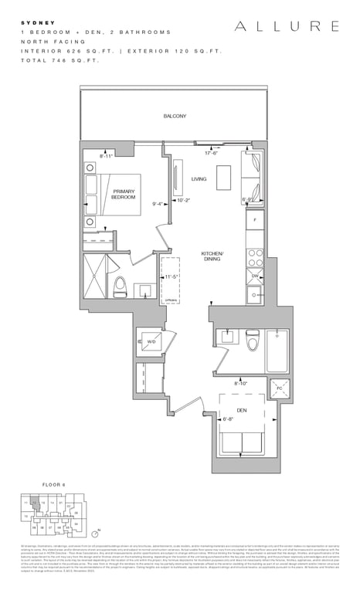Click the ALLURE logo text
tap(287, 27)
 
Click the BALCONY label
tap(175, 116)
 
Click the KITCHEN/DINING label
tap(212, 256)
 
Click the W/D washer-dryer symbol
tap(151, 341)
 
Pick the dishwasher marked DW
tap(254, 275)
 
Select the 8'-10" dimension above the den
tap(241, 383)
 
